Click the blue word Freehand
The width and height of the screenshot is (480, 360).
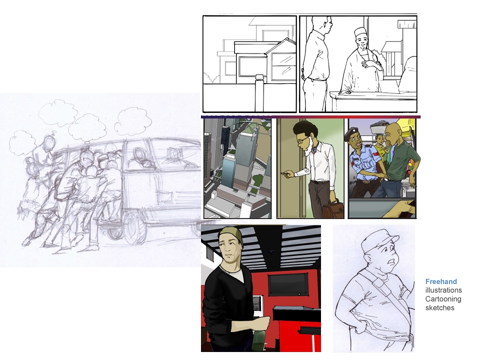[441, 281]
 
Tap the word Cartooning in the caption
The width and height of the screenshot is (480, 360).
[443, 299]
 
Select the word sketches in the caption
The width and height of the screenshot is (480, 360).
[439, 308]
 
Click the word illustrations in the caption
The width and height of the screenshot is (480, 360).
[443, 290]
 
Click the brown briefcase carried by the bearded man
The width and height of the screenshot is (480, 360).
[332, 210]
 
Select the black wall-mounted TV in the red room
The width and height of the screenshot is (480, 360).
[288, 284]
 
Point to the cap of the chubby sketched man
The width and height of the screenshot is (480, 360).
[379, 240]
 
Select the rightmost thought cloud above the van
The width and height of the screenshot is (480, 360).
[133, 121]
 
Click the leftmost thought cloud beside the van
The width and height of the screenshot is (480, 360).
[22, 141]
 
